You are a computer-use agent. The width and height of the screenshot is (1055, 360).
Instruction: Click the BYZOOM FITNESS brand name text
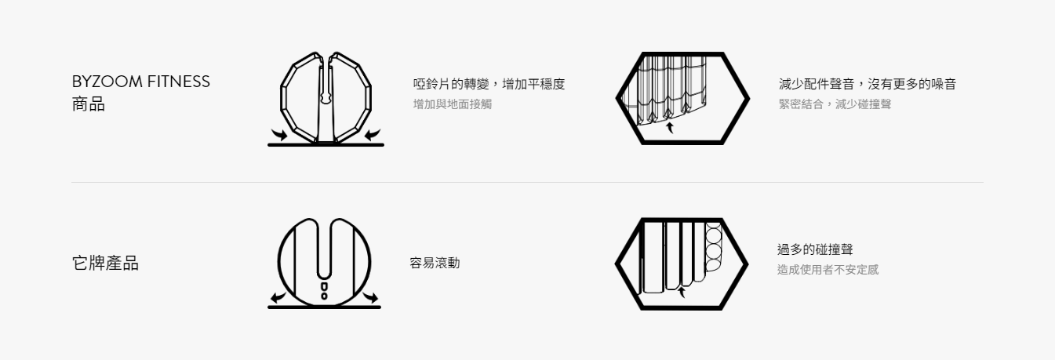[x=141, y=82]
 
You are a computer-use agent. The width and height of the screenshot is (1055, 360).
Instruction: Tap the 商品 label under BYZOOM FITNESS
[x=88, y=104]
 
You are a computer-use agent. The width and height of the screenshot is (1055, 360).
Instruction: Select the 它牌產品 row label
[x=105, y=263]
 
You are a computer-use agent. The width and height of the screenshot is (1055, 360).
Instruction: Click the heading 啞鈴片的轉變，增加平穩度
[x=489, y=84]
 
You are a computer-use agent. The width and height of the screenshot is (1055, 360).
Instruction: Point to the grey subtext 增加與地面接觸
[x=452, y=104]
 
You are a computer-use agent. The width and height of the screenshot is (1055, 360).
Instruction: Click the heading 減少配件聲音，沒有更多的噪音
[x=867, y=84]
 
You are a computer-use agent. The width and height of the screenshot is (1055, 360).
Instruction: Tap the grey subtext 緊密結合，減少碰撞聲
[x=835, y=104]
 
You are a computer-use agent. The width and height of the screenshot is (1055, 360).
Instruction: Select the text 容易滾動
[x=435, y=263]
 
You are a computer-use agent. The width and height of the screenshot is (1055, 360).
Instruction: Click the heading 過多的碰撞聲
[x=815, y=249]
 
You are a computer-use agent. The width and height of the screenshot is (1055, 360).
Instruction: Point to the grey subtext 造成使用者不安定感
[x=828, y=270]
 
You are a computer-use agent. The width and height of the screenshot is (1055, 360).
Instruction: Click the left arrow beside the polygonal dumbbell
[x=278, y=135]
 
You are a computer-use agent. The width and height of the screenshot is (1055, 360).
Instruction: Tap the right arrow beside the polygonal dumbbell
[x=373, y=135]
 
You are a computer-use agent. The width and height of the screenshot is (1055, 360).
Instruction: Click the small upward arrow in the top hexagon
[x=670, y=128]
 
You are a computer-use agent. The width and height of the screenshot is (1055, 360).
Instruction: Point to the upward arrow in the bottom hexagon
[x=681, y=293]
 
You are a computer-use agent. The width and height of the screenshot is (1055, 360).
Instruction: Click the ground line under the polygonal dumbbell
[x=326, y=144]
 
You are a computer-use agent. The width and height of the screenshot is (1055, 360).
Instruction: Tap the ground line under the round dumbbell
[x=324, y=307]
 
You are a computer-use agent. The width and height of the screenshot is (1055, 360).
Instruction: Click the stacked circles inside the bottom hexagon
[x=713, y=247]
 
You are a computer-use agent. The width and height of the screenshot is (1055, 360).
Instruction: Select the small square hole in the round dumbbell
[x=324, y=287]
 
